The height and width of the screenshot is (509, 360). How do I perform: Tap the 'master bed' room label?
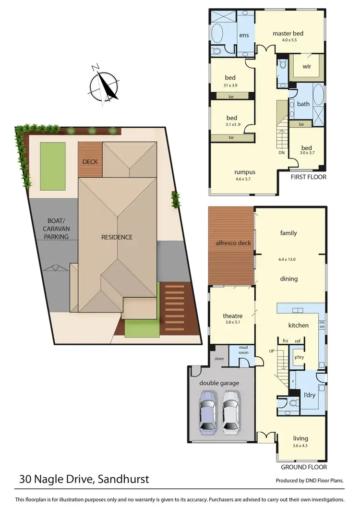click(x=288, y=33)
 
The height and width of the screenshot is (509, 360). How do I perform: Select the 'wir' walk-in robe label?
click(x=307, y=67)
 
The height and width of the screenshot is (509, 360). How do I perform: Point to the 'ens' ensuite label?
click(x=244, y=35)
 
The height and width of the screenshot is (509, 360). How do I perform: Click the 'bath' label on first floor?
click(x=303, y=103)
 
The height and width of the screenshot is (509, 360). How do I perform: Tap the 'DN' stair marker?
click(x=282, y=153)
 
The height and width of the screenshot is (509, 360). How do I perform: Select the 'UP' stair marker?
click(x=272, y=351)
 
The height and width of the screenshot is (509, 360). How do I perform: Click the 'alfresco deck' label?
click(x=231, y=243)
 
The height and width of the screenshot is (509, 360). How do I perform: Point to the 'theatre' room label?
click(x=232, y=315)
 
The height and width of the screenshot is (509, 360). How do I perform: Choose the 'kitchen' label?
click(x=298, y=325)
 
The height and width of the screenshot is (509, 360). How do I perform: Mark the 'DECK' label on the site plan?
click(x=90, y=162)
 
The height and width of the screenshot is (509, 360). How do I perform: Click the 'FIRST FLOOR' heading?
click(x=309, y=177)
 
